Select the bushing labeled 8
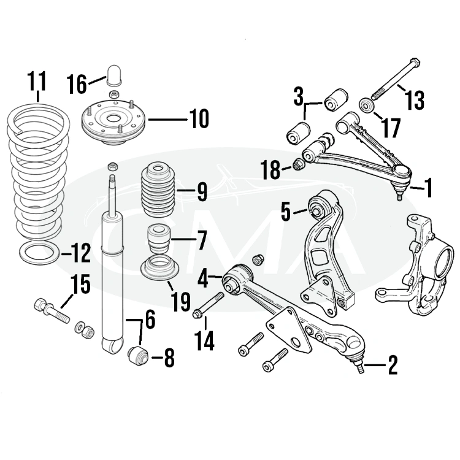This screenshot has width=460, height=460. pos(139,355)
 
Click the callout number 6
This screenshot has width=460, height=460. pos(149,318)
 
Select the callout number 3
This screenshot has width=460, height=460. pos(298,97)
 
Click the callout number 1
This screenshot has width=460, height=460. pos(428,188)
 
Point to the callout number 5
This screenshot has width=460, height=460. pos(285,211)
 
